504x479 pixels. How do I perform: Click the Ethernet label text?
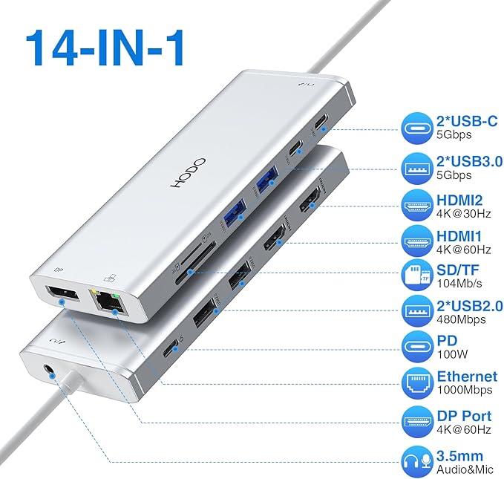[x=466, y=377]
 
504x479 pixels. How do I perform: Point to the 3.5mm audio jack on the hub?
[x=50, y=367]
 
